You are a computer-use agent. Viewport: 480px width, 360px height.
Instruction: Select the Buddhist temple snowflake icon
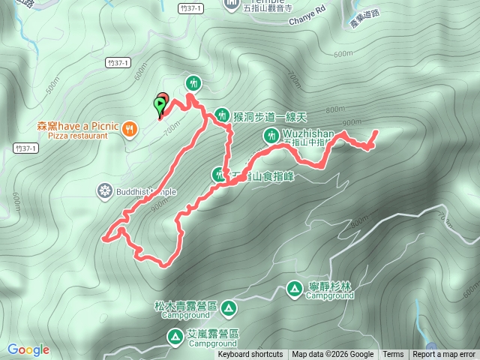pyautogui.click(x=105, y=191)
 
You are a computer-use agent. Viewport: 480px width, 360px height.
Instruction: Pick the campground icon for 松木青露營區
pyautogui.click(x=227, y=307)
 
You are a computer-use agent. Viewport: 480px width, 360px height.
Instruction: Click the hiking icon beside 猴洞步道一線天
pyautogui.click(x=221, y=115)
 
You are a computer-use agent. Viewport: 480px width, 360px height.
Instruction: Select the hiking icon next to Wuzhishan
pyautogui.click(x=271, y=135)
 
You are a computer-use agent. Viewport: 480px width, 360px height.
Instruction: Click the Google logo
pyautogui.click(x=28, y=349)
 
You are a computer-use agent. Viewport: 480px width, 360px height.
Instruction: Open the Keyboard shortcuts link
pyautogui.click(x=250, y=355)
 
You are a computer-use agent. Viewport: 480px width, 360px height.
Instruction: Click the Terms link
pyautogui.click(x=393, y=355)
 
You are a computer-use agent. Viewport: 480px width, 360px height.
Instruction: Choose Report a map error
pyautogui.click(x=444, y=355)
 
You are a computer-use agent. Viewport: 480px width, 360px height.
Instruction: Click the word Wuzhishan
pyautogui.click(x=309, y=133)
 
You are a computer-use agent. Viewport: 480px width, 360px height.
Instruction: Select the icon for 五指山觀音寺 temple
pyautogui.click(x=230, y=7)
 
